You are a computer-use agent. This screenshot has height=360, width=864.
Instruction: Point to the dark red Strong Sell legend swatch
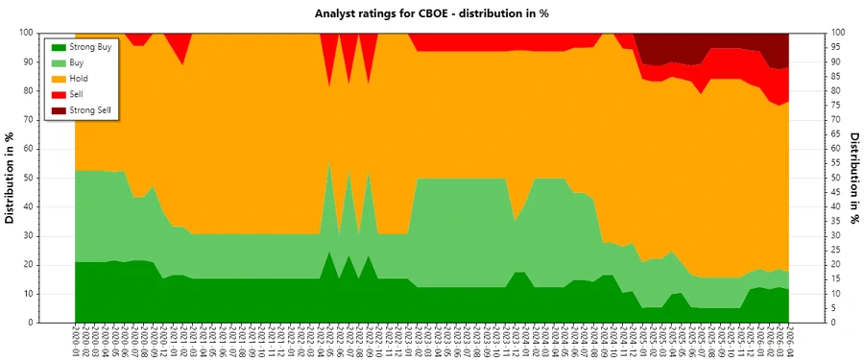click(57, 111)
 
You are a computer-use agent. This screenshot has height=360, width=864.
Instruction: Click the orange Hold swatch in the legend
click(57, 79)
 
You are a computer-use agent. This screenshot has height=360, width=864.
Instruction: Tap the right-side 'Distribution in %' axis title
click(853, 178)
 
